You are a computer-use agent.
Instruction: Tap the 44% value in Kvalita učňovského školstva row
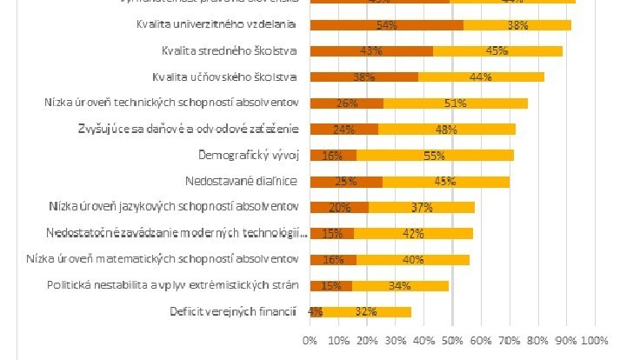pyautogui.click(x=481, y=77)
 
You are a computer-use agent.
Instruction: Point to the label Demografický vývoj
pyautogui.click(x=248, y=156)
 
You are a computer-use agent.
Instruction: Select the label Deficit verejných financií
pyautogui.click(x=242, y=312)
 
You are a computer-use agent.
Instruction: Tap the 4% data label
pyautogui.click(x=316, y=312)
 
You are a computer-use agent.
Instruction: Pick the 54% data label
pyautogui.click(x=389, y=24)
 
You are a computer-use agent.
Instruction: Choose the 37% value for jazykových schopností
pyautogui.click(x=421, y=208)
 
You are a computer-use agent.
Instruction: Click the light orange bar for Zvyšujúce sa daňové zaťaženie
pyautogui.click(x=446, y=130)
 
